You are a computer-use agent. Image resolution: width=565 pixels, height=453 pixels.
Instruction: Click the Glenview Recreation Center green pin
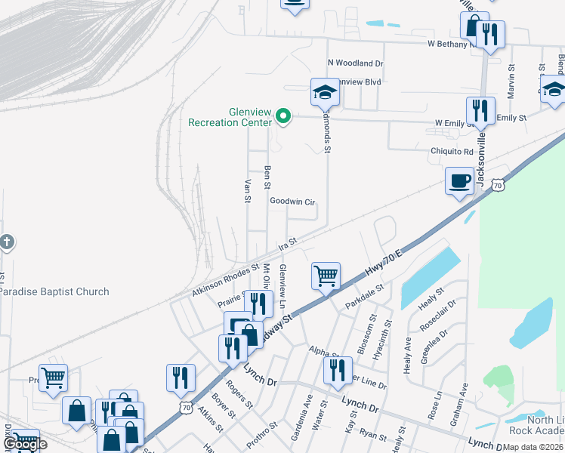283,116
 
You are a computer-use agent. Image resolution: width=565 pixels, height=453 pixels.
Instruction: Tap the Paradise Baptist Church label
54,291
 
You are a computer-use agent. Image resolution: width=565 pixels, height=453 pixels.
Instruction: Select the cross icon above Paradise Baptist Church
7,242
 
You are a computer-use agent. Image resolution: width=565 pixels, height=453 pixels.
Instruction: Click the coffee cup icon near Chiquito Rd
460,181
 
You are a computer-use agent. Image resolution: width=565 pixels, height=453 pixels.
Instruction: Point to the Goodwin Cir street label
292,202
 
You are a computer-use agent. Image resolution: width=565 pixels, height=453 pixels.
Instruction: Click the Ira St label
286,245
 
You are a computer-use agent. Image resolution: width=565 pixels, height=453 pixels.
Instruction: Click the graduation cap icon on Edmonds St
326,93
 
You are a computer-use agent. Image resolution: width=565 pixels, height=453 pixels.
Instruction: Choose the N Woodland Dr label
355,63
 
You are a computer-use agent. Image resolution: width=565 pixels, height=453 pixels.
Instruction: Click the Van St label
246,191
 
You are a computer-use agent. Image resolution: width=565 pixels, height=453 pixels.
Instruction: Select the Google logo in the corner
25,445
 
